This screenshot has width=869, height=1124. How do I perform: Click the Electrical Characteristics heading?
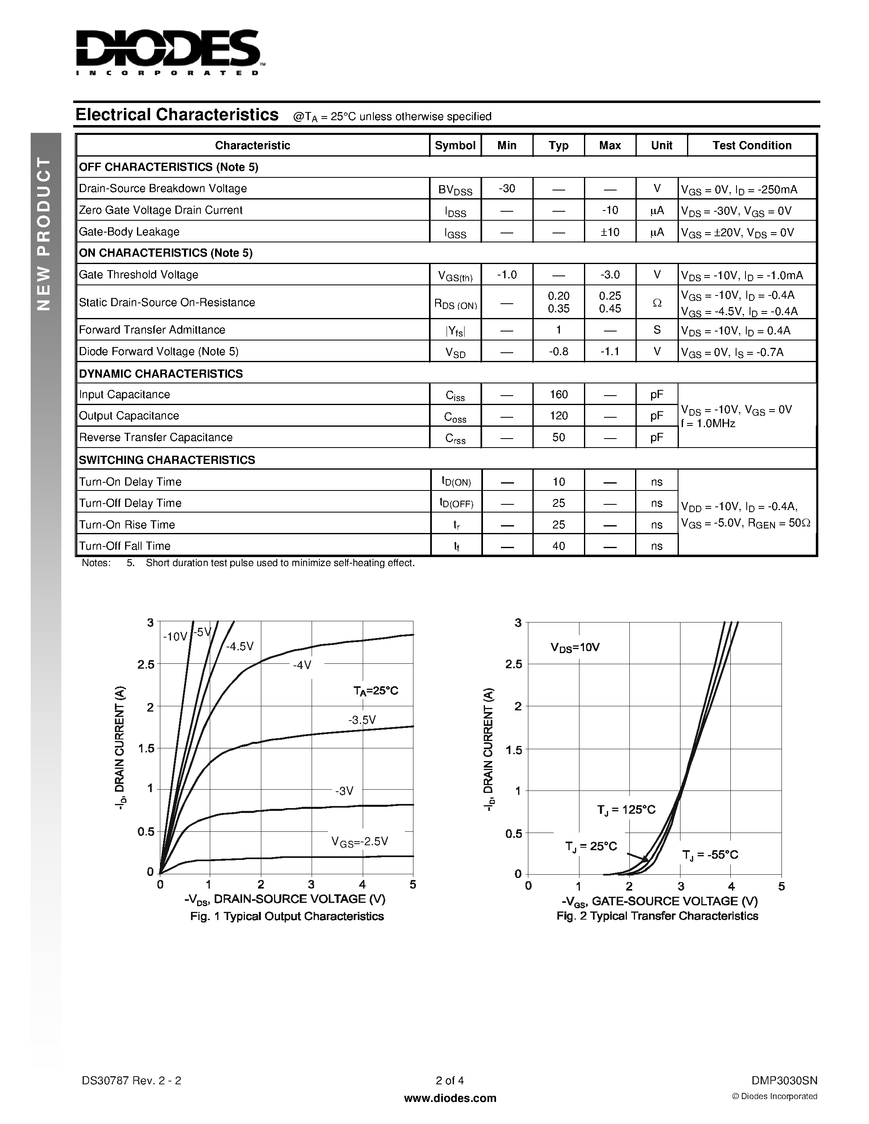(x=177, y=114)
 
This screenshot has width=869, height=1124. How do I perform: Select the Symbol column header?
(x=455, y=145)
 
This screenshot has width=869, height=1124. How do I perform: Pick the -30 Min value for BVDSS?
(x=507, y=188)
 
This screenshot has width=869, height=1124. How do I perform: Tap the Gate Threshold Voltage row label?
(x=139, y=274)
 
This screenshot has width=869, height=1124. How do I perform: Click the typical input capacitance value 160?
(x=559, y=394)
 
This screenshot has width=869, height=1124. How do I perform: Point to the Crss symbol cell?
(x=455, y=438)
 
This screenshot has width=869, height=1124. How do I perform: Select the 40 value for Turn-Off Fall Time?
(x=559, y=546)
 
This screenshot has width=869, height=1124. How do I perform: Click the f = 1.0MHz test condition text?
(x=708, y=423)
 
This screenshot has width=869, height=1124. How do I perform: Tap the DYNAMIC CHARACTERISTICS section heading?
(x=161, y=374)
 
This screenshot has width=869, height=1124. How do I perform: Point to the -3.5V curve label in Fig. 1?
(x=362, y=719)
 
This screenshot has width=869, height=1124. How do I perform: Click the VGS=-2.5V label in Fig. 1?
(x=359, y=842)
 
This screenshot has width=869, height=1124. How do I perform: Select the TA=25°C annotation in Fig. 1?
(x=376, y=691)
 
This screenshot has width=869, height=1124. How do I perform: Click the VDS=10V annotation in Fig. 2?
(x=575, y=647)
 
